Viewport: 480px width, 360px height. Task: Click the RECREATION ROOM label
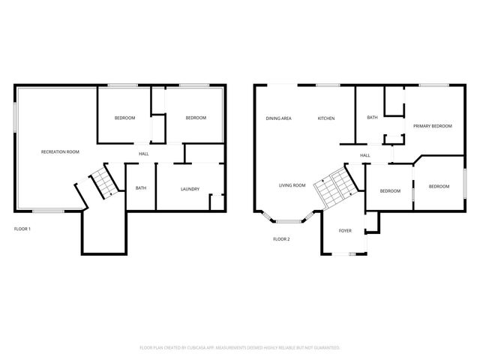(60, 152)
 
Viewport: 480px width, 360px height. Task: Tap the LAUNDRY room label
(190, 189)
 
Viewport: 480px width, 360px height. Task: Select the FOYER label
(345, 231)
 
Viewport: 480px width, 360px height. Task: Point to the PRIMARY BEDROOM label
(433, 126)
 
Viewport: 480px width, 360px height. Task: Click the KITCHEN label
(325, 118)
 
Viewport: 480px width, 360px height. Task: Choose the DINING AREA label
(278, 118)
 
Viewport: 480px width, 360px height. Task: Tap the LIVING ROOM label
(292, 185)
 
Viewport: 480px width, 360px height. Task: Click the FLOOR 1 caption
(22, 228)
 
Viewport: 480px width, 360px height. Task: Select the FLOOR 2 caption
(281, 239)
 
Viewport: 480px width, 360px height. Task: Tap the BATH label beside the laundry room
(140, 189)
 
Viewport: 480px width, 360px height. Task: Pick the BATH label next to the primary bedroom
(372, 118)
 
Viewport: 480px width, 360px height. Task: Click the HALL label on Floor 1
(142, 154)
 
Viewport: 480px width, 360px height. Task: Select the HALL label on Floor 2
(365, 155)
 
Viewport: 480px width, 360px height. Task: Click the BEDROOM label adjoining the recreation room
(124, 118)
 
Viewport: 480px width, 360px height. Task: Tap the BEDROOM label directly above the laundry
(196, 118)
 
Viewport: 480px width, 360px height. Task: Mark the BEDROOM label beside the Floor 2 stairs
(390, 191)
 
